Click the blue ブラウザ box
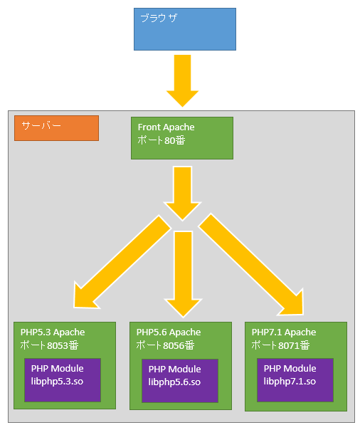click(x=185, y=29)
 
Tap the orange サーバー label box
click(x=56, y=127)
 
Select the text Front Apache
click(x=166, y=127)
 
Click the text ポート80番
click(x=162, y=140)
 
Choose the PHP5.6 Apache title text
click(x=169, y=332)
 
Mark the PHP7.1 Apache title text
click(x=284, y=332)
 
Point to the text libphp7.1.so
click(x=290, y=382)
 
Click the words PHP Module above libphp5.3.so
click(x=57, y=368)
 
